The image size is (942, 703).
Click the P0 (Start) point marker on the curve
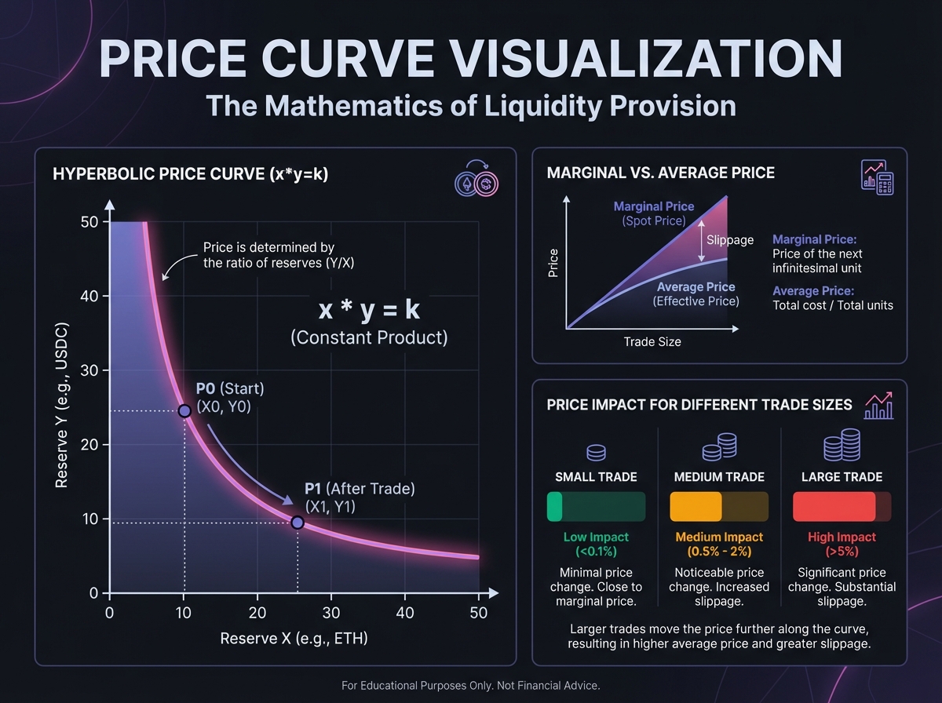(x=184, y=411)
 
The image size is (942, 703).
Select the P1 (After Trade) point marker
(x=298, y=523)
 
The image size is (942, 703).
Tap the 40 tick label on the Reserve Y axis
(x=88, y=296)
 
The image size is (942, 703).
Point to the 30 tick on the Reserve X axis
(x=330, y=612)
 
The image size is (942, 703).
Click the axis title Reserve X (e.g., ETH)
(x=294, y=638)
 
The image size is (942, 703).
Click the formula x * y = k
(x=369, y=310)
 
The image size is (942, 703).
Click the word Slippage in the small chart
(x=730, y=240)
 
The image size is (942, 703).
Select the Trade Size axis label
(x=652, y=342)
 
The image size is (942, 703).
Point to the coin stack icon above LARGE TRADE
(x=842, y=446)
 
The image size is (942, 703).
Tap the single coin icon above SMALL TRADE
(x=596, y=453)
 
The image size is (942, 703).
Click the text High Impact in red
(x=842, y=537)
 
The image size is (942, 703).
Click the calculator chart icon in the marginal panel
(x=878, y=177)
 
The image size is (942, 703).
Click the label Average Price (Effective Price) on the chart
(x=696, y=294)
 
